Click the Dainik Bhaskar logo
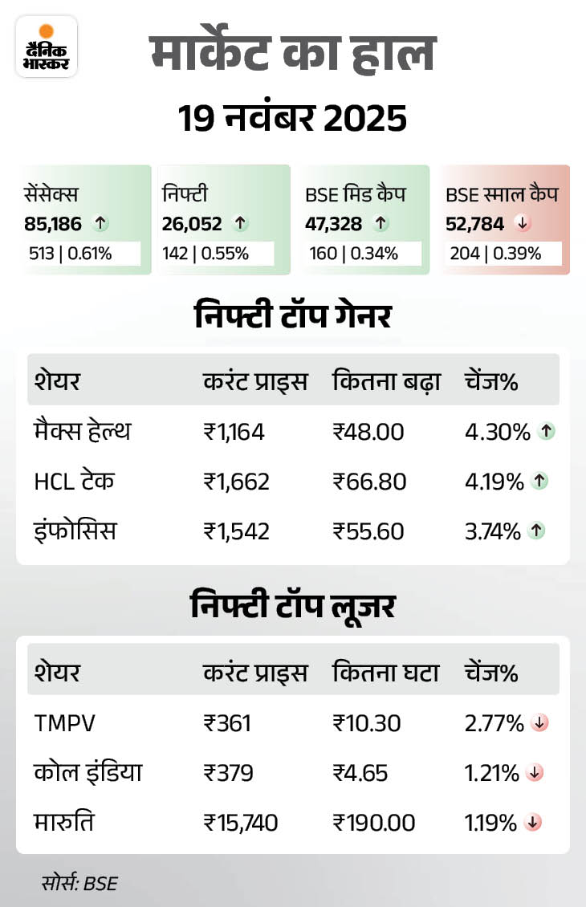pos(46,47)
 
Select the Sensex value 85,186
pos(53,224)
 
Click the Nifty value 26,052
pos(192,224)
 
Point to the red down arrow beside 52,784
pos(523,224)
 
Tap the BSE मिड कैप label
pos(355,193)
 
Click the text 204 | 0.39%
pos(494,254)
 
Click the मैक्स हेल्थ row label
pos(82,432)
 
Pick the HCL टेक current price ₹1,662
pos(236,482)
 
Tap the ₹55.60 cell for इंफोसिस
pos(369,531)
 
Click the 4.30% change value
pos(498,432)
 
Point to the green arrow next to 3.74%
pos(538,531)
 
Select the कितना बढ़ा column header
pos(387,382)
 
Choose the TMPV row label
pos(65,723)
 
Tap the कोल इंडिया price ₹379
pos(229,773)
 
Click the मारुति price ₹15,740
pos(241,823)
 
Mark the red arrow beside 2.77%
pos(539,723)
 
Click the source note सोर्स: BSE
pos(79,884)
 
